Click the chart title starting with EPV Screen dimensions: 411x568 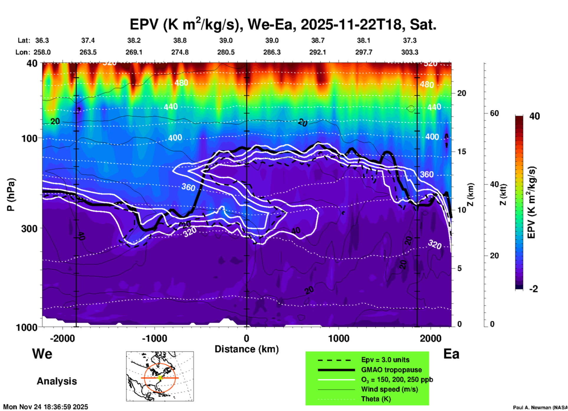[283, 25]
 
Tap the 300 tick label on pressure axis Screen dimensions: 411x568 [29, 228]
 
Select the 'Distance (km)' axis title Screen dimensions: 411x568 [247, 349]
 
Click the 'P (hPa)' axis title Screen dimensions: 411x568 [11, 195]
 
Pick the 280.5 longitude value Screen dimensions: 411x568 [226, 52]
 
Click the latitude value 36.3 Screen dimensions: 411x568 [42, 40]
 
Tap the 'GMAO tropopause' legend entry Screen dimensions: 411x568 [391, 370]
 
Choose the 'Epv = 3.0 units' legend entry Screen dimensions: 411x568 [385, 360]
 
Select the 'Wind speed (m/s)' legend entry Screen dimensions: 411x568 [389, 389]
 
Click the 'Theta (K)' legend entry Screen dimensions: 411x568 [376, 399]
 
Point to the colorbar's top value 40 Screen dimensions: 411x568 [534, 116]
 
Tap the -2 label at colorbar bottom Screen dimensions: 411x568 [533, 289]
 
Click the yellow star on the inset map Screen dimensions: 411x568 [160, 378]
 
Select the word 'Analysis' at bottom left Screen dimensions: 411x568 [57, 381]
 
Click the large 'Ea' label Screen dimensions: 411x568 [451, 354]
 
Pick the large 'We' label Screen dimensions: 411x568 [42, 354]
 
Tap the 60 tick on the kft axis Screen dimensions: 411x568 [494, 113]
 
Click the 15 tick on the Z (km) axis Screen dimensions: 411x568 [462, 152]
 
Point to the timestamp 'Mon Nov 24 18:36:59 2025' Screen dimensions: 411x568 [46, 407]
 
